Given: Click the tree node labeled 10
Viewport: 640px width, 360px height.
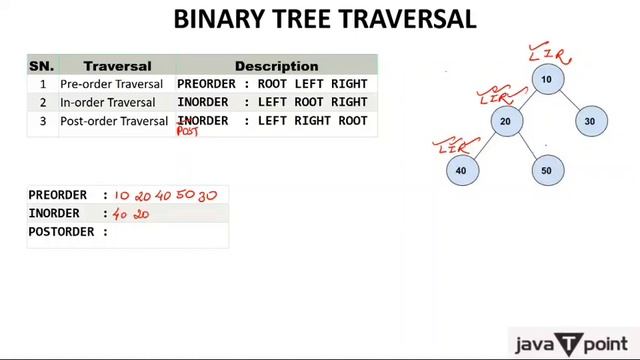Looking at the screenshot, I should click(x=546, y=79).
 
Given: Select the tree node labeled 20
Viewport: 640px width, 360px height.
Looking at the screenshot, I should click(x=505, y=121).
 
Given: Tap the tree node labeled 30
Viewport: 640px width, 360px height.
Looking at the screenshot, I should click(x=590, y=121).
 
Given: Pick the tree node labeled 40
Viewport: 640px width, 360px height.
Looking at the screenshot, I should click(x=460, y=170).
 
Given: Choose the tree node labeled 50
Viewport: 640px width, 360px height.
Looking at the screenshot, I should click(x=546, y=170).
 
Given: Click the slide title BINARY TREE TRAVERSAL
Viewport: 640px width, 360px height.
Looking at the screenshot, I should click(x=325, y=19).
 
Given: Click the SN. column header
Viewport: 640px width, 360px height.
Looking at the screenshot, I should click(x=41, y=66).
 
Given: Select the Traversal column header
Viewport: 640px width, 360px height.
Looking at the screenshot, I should click(x=117, y=66).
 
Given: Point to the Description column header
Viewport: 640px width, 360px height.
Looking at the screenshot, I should click(x=276, y=66).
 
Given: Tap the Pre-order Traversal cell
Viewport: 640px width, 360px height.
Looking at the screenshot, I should click(x=111, y=84).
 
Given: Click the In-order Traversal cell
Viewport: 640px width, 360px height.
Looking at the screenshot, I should click(x=107, y=102).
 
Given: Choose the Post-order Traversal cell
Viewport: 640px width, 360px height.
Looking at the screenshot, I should click(x=114, y=121).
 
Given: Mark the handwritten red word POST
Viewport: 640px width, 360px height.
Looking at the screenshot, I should click(x=188, y=131).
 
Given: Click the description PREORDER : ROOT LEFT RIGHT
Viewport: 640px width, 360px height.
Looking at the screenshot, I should click(x=272, y=84).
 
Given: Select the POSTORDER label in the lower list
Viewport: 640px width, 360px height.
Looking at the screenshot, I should click(x=68, y=232).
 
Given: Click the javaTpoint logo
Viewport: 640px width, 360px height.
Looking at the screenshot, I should click(x=572, y=344).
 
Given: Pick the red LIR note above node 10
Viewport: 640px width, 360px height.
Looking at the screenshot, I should click(x=548, y=50).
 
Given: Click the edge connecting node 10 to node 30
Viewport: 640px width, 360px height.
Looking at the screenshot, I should click(x=569, y=101).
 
